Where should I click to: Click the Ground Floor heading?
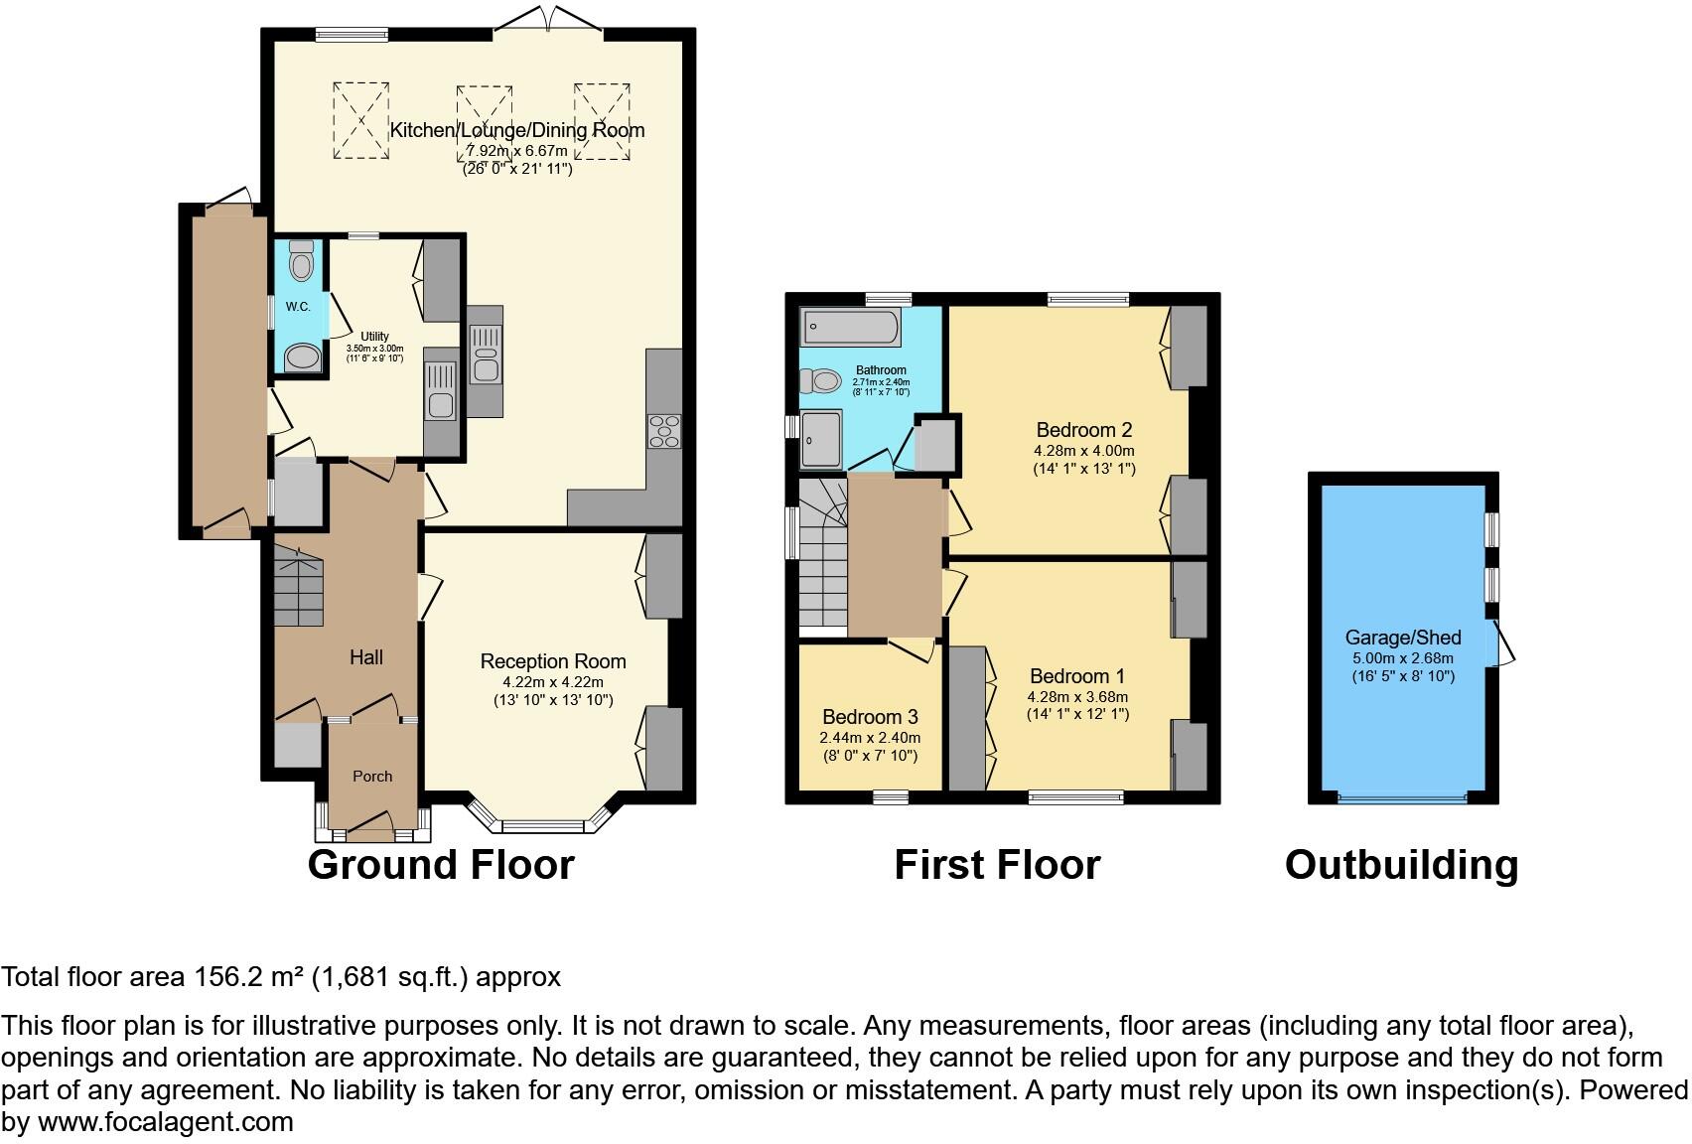click(x=441, y=864)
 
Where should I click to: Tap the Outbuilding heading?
click(x=1401, y=864)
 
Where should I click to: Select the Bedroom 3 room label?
click(x=870, y=717)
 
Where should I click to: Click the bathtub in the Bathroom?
click(x=851, y=326)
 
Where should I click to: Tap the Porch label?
click(x=372, y=777)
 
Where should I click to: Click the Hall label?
click(x=366, y=657)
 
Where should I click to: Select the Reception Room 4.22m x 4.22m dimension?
click(x=553, y=682)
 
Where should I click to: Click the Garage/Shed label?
click(x=1402, y=639)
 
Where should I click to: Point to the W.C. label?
click(x=299, y=307)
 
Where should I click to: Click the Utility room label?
click(x=374, y=337)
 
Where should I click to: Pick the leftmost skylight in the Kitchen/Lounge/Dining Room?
click(x=359, y=120)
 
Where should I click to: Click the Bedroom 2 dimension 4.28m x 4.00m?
click(x=1083, y=450)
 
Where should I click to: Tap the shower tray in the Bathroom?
click(x=822, y=440)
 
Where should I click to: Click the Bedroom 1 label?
click(x=1078, y=677)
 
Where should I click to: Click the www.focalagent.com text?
click(x=166, y=1122)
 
